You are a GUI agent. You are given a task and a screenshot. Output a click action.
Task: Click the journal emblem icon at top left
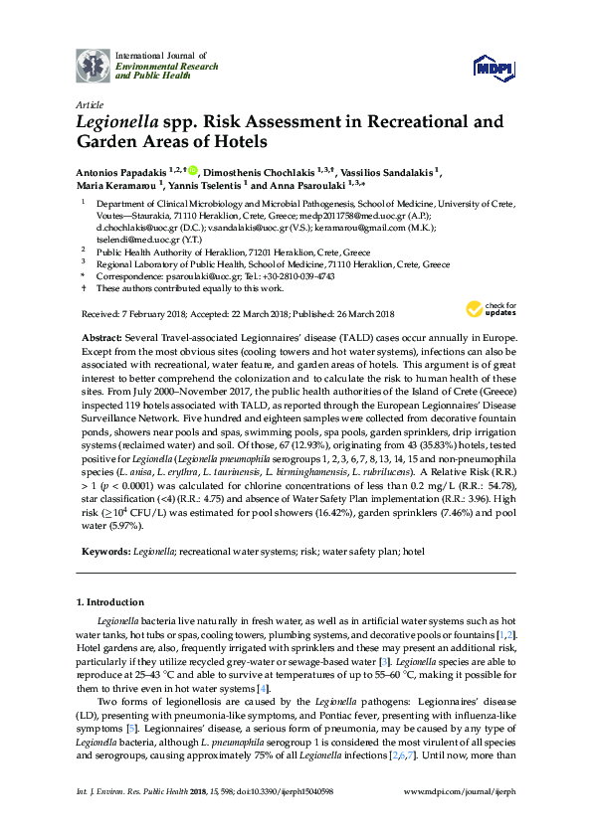[93, 65]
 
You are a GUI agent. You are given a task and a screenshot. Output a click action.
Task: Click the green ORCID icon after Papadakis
[192, 170]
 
